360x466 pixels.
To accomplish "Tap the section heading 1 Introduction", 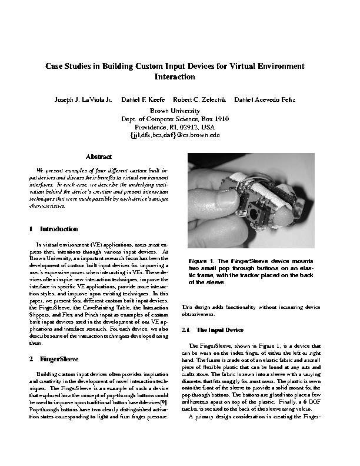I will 53,228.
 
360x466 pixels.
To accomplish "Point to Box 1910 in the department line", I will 216,118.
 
